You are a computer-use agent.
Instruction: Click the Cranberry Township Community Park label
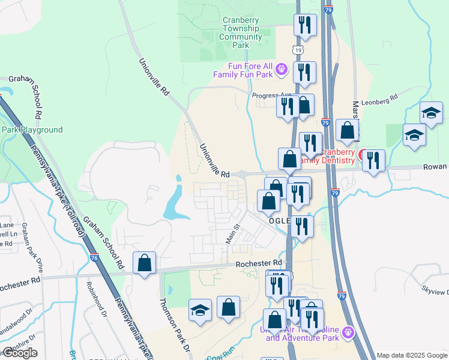[241, 32]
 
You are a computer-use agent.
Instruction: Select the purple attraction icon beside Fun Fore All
[282, 71]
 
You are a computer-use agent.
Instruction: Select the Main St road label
[232, 234]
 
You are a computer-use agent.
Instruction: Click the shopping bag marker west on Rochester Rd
[145, 263]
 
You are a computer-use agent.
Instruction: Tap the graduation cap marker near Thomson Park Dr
[200, 310]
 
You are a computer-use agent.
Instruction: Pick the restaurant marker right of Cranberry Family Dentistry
[373, 160]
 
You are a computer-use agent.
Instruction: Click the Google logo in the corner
[20, 353]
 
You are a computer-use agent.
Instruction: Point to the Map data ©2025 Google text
[412, 355]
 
